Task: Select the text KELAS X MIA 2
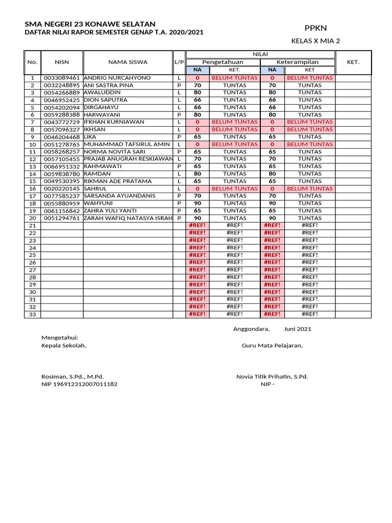click(315, 41)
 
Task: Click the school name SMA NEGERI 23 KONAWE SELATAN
click(90, 24)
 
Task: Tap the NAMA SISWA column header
click(128, 62)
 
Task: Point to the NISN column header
click(62, 62)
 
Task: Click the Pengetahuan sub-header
click(223, 62)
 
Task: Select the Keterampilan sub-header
click(297, 62)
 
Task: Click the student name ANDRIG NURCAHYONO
click(117, 78)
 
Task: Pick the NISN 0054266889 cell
click(62, 93)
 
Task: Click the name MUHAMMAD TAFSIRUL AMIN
click(126, 145)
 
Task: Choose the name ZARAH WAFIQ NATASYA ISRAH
click(128, 218)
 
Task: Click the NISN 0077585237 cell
click(62, 196)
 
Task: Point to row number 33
click(32, 314)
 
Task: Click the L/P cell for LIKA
click(179, 137)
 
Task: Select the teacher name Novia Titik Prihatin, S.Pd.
click(272, 376)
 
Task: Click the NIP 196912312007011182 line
click(79, 384)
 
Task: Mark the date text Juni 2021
click(298, 329)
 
